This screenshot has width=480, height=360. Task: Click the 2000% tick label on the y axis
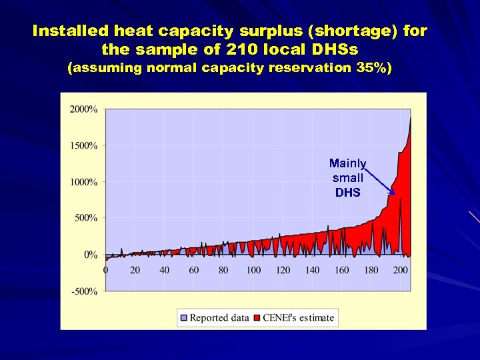pyautogui.click(x=83, y=109)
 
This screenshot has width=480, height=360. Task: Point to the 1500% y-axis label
pyautogui.click(x=83, y=145)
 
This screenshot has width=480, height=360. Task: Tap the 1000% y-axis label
pyautogui.click(x=83, y=182)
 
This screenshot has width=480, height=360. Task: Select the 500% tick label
pyautogui.click(x=86, y=218)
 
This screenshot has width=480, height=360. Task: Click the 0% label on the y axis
pyautogui.click(x=90, y=255)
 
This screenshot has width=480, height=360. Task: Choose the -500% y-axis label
pyautogui.click(x=85, y=291)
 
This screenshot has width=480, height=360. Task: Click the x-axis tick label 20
pyautogui.click(x=135, y=270)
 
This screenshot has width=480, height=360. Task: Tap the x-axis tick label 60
pyautogui.click(x=193, y=270)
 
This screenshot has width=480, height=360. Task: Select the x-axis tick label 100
pyautogui.click(x=253, y=270)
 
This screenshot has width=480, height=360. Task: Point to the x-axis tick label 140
pyautogui.click(x=312, y=270)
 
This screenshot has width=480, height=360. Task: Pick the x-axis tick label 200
pyautogui.click(x=400, y=270)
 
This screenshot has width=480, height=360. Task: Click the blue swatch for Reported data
pyautogui.click(x=184, y=318)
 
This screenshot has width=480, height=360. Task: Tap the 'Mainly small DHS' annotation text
pyautogui.click(x=348, y=178)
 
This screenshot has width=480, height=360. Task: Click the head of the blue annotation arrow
pyautogui.click(x=393, y=193)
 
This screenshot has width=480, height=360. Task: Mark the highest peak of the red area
pyautogui.click(x=410, y=118)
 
